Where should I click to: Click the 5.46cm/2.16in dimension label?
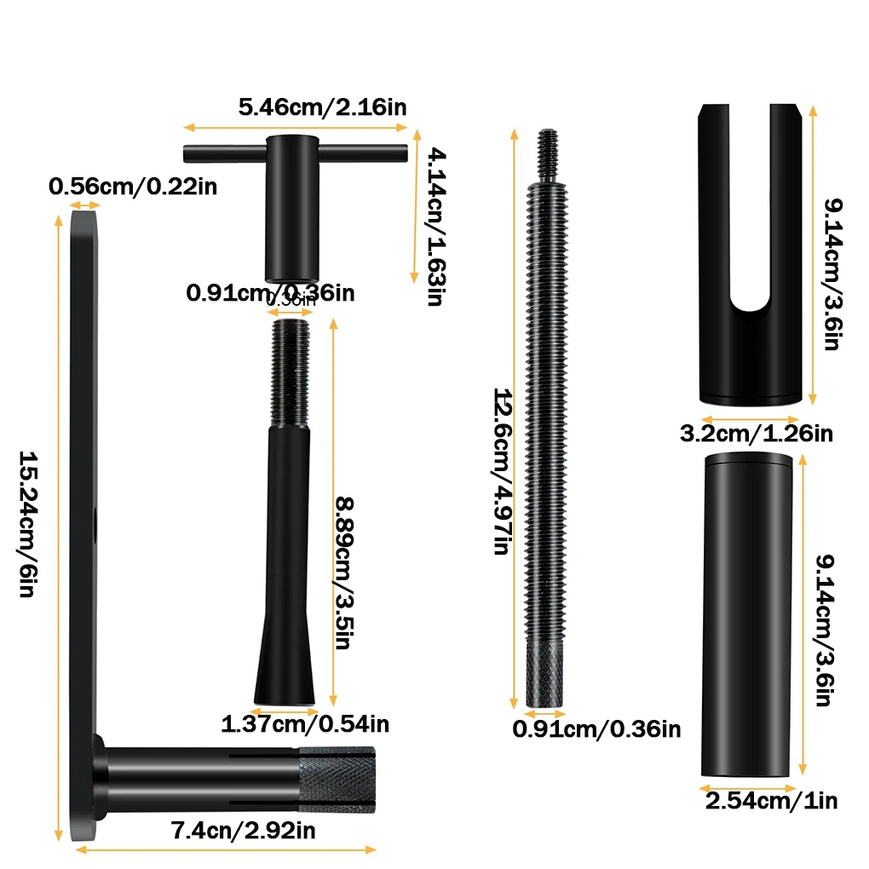(x=322, y=107)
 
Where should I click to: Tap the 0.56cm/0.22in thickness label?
(x=132, y=186)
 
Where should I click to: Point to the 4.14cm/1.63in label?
(x=434, y=225)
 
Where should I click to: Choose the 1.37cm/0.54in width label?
(x=305, y=724)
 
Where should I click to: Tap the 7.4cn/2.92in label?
(x=245, y=830)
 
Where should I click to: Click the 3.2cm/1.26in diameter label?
(x=755, y=433)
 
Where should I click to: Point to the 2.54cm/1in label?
(x=771, y=801)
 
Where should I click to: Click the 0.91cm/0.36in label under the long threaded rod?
(x=596, y=729)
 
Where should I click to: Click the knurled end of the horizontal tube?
(x=336, y=779)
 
